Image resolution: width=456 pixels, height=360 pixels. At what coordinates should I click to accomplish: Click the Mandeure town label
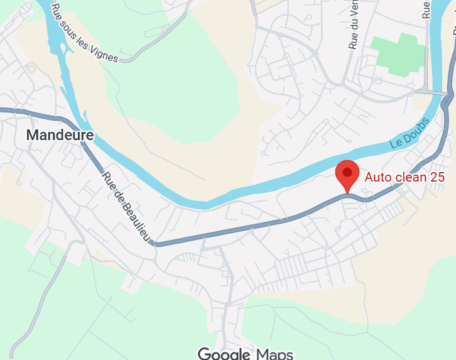point(60,134)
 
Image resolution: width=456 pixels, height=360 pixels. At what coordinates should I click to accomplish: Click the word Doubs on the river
point(416,129)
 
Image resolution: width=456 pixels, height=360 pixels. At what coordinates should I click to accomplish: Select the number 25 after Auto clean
point(437,177)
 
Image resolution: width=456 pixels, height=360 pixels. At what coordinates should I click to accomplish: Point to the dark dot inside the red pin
point(347,172)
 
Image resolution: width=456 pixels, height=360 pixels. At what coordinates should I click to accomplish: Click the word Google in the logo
point(224,353)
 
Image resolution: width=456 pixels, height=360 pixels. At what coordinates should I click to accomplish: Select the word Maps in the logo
point(274,353)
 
